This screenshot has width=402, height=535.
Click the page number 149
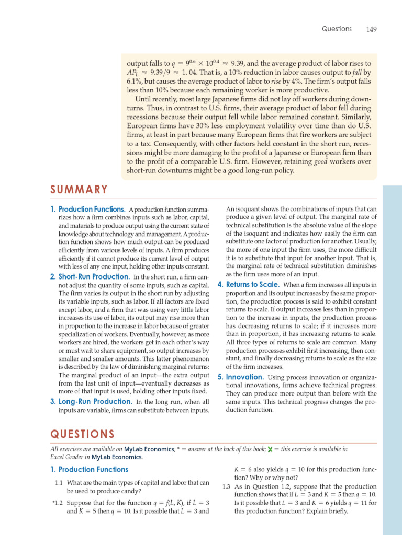371,29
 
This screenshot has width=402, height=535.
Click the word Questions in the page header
337,29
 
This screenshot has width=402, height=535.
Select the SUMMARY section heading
79,190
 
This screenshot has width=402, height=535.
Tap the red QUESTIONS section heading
82,434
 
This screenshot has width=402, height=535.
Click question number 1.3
226,486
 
